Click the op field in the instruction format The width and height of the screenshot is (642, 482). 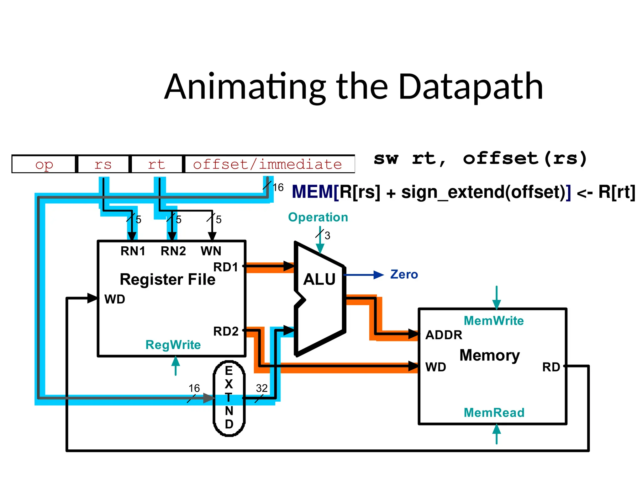44,164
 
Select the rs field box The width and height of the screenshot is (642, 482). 103,164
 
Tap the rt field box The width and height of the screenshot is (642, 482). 156,164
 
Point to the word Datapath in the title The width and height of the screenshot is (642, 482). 471,87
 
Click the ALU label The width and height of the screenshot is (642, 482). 319,279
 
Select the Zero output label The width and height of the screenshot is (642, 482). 404,275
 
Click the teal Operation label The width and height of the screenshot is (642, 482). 318,217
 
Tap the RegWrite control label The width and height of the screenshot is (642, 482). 173,345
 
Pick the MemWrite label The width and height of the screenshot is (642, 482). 493,321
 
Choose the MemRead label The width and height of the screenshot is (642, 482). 494,413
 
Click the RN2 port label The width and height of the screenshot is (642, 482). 173,251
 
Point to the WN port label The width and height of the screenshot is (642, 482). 211,251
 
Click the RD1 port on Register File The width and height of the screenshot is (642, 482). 226,267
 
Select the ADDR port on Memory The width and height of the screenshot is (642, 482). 444,335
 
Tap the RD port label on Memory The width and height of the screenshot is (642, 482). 551,367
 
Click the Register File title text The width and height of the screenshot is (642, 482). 167,279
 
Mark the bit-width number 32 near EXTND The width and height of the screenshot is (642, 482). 262,388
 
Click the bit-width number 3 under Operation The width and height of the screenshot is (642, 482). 327,235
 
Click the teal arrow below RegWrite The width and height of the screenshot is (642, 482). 176,366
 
